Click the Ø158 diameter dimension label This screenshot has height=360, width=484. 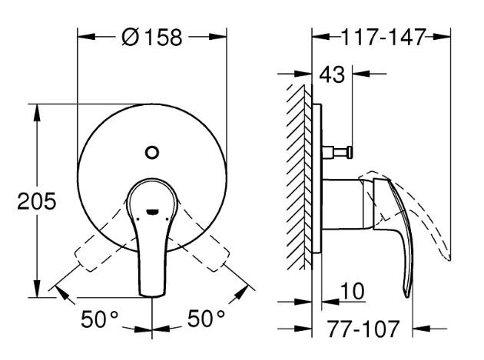153,37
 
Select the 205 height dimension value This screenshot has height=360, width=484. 37,202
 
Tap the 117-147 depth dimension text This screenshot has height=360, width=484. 382,37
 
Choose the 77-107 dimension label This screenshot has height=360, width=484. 363,329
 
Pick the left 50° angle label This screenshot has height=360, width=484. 100,318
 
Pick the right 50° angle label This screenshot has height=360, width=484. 206,318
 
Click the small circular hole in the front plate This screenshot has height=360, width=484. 153,151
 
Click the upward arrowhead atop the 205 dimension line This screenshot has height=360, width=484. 37,108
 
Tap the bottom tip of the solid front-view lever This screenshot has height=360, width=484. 153,295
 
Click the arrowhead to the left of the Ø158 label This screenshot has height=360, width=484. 84,37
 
